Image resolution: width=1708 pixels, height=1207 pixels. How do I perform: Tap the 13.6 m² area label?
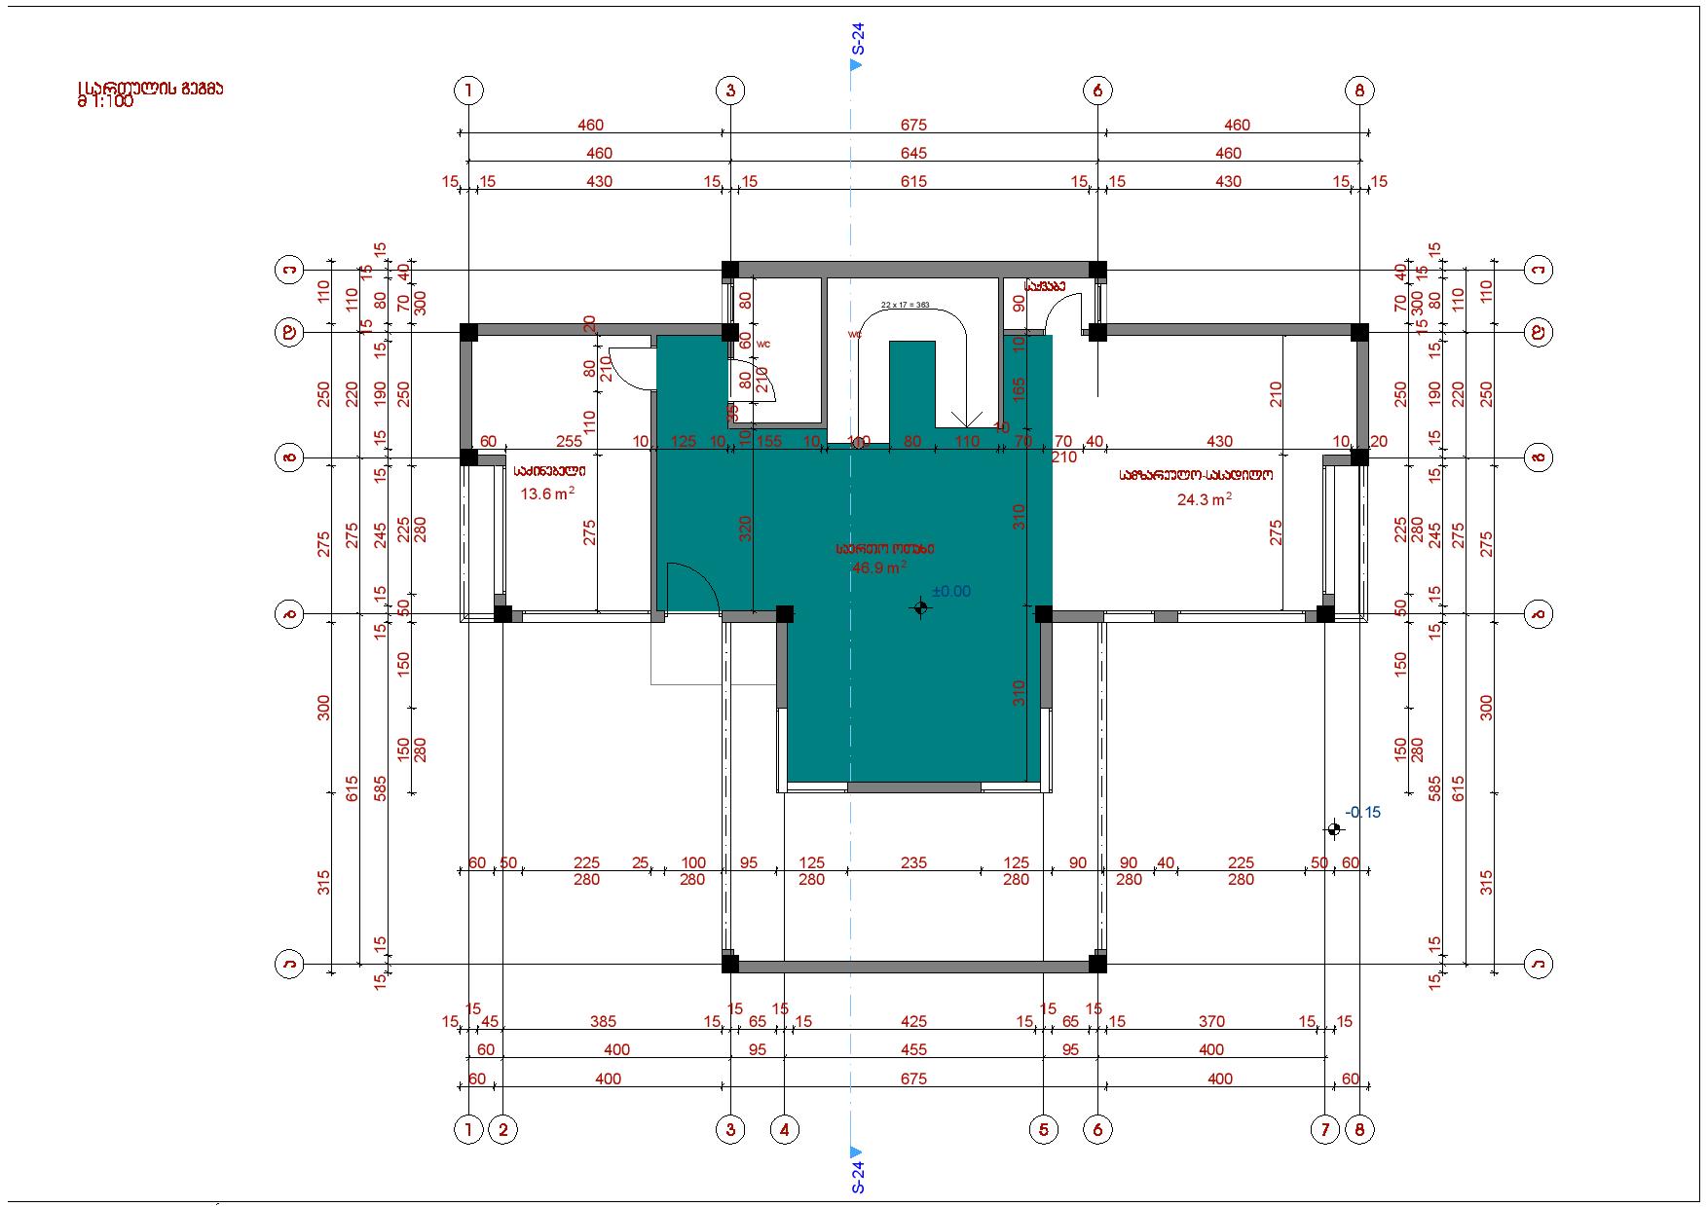click(x=546, y=494)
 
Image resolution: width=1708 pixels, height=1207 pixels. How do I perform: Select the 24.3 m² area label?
click(x=1204, y=499)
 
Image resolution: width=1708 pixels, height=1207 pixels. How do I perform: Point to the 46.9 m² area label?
click(x=879, y=567)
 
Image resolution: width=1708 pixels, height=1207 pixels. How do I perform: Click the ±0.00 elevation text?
click(x=951, y=591)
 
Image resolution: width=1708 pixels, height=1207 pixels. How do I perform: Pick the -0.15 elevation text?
click(x=1362, y=812)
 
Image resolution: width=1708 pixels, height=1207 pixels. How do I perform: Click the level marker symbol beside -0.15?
click(x=1334, y=829)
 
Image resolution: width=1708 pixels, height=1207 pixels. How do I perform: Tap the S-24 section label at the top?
click(x=857, y=38)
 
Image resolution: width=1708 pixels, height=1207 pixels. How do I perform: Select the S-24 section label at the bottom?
click(x=857, y=1175)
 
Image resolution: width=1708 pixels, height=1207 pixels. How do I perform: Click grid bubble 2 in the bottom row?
click(x=502, y=1130)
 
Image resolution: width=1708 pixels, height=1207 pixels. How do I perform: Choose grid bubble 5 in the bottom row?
click(x=1043, y=1130)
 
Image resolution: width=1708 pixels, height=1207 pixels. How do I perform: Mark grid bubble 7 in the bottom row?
click(x=1325, y=1130)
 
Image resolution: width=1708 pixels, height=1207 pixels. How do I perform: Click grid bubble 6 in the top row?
click(x=1097, y=91)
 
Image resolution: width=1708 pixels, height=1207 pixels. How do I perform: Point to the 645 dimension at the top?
click(x=913, y=153)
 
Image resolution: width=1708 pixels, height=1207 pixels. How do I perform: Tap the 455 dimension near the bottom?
click(x=913, y=1050)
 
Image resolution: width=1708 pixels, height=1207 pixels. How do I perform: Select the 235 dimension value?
click(x=913, y=862)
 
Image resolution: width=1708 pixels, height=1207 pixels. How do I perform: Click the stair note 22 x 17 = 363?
click(x=906, y=305)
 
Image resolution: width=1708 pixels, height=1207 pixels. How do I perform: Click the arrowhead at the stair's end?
click(x=966, y=421)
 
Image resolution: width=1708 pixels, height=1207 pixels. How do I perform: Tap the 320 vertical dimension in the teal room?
click(x=746, y=529)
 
